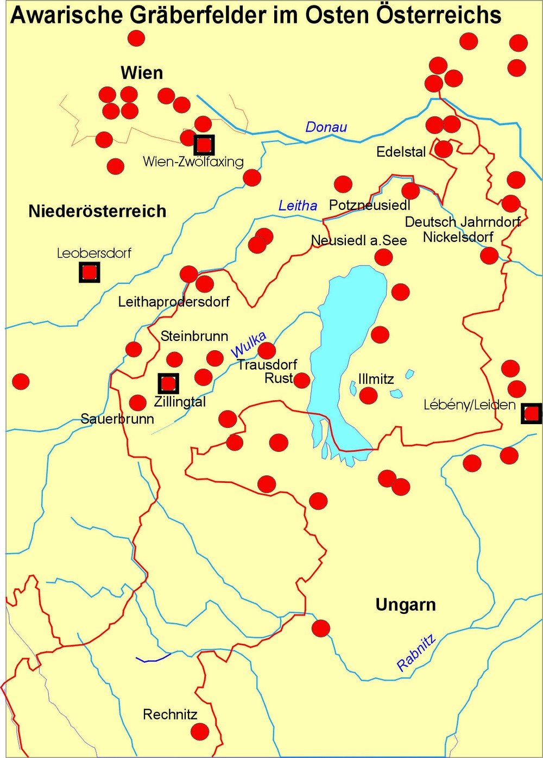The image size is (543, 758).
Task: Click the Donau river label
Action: pos(326,127)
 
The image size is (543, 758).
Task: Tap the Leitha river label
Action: pos(298,206)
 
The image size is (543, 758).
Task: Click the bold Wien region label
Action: pos(142,73)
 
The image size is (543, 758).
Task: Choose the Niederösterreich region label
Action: pos(97,211)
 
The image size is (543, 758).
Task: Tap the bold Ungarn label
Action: pos(406,605)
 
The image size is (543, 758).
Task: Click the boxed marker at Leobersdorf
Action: pos(90,272)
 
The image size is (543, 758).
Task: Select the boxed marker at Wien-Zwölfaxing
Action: pos(204,145)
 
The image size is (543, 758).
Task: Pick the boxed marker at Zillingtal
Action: pos(168,383)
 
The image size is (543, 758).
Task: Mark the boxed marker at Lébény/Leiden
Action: pos(531,413)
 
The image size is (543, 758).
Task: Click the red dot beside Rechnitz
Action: pos(200,731)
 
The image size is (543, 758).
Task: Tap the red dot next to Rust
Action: pos(301,380)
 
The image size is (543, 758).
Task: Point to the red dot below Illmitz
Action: pos(368,395)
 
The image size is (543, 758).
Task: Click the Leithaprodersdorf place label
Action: pos(174,302)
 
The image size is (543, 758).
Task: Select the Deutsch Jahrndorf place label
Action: pos(463,222)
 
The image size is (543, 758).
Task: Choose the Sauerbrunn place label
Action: pos(117,419)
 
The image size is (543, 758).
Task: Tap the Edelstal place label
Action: pos(401,152)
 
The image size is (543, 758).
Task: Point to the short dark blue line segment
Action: pos(153,658)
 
